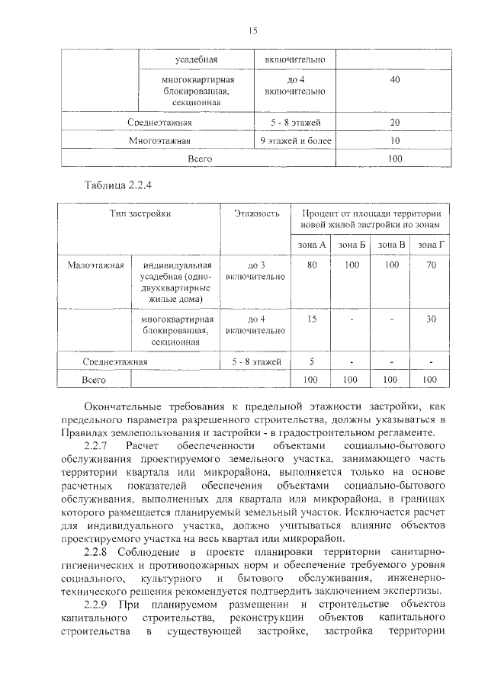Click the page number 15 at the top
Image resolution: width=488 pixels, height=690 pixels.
point(253,30)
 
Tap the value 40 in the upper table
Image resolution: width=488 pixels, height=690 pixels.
point(394,81)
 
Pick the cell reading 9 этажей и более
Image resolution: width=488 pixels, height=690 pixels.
point(295,141)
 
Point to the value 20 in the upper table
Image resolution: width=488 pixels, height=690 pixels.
point(394,123)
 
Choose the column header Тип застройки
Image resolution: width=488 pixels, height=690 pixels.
point(140,214)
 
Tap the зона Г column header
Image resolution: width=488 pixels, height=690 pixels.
point(431,244)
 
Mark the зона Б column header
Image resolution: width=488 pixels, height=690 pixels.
point(352,244)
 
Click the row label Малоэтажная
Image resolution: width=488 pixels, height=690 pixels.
point(95,265)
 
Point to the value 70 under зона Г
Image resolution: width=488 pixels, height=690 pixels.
point(431,265)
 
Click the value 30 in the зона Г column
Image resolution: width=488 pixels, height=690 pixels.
point(431,319)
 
